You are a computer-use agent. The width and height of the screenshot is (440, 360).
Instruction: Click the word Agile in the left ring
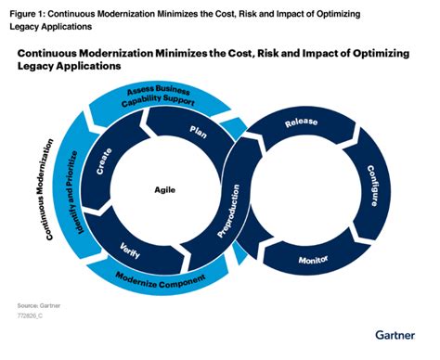pos(165,189)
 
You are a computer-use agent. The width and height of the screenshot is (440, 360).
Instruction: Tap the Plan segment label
pos(197,132)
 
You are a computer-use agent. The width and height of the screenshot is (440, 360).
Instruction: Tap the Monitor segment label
pos(315,259)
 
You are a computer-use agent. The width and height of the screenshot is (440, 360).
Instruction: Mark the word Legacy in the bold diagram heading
pos(39,68)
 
